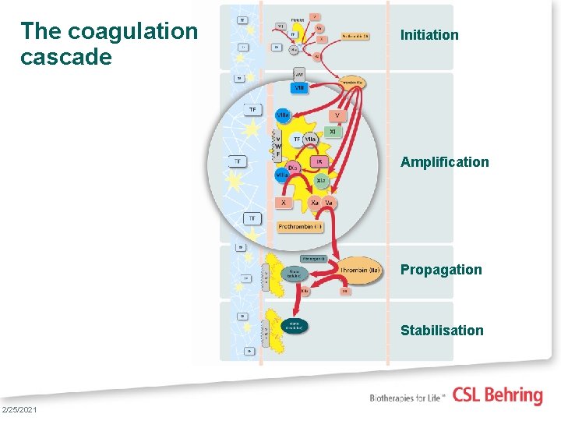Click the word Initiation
(429, 35)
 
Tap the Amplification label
(445, 162)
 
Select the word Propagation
(441, 270)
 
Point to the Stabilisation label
(442, 331)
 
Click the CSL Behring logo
(497, 395)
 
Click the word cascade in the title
(66, 58)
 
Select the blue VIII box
(300, 88)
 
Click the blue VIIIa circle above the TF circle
(283, 115)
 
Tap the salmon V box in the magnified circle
(337, 115)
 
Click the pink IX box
(319, 161)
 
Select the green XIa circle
(321, 181)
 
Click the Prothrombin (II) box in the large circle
(300, 227)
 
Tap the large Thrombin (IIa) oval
(361, 271)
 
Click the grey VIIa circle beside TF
(309, 139)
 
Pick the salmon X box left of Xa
(283, 203)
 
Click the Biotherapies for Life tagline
(408, 397)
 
